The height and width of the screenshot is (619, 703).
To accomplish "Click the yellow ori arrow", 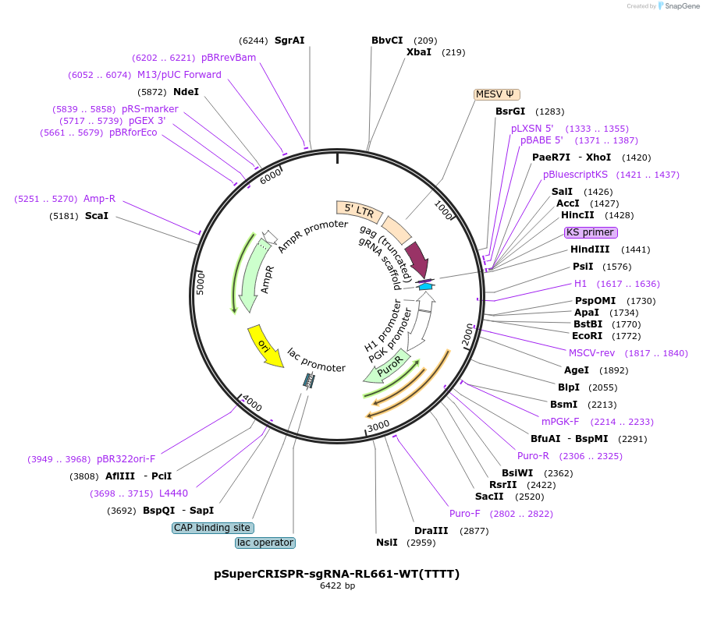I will pyautogui.click(x=264, y=345).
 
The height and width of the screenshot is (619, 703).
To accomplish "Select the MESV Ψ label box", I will pyautogui.click(x=496, y=94).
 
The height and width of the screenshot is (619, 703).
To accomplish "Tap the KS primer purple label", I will pyautogui.click(x=591, y=232).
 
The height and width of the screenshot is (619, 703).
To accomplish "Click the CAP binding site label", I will pyautogui.click(x=212, y=528).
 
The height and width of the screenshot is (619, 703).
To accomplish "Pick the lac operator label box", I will pyautogui.click(x=265, y=543).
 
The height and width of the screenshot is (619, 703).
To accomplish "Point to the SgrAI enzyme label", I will pyautogui.click(x=289, y=41).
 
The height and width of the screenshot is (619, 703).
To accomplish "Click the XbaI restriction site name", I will pyautogui.click(x=419, y=52).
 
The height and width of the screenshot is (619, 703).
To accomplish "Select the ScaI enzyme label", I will pyautogui.click(x=97, y=215).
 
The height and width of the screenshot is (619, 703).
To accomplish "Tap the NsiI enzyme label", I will pyautogui.click(x=387, y=543).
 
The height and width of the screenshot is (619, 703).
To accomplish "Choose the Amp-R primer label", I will pyautogui.click(x=99, y=199).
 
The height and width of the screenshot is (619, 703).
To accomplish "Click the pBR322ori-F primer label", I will pyautogui.click(x=126, y=458).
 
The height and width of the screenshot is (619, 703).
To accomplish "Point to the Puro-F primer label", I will pyautogui.click(x=465, y=514).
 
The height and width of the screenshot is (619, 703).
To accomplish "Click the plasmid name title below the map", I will pyautogui.click(x=337, y=574).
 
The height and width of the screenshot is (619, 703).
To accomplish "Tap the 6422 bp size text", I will pyautogui.click(x=337, y=586).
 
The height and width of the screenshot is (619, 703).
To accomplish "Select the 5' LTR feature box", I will pyautogui.click(x=354, y=209).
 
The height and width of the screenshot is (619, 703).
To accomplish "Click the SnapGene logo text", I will pyautogui.click(x=681, y=6).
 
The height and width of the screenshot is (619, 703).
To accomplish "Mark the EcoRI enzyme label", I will pyautogui.click(x=588, y=336).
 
